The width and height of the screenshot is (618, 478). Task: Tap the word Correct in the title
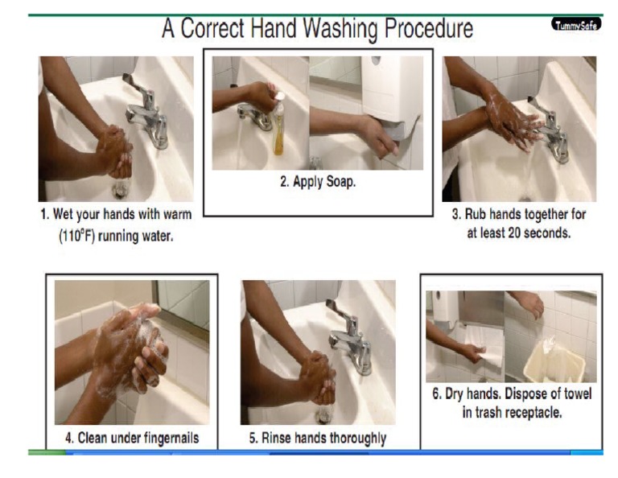point(220,30)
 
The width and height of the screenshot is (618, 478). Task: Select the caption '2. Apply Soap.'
point(317,182)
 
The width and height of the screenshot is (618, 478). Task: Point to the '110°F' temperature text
point(76,237)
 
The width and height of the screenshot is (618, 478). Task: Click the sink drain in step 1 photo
point(122,190)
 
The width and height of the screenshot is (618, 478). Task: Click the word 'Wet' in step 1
point(66,215)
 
